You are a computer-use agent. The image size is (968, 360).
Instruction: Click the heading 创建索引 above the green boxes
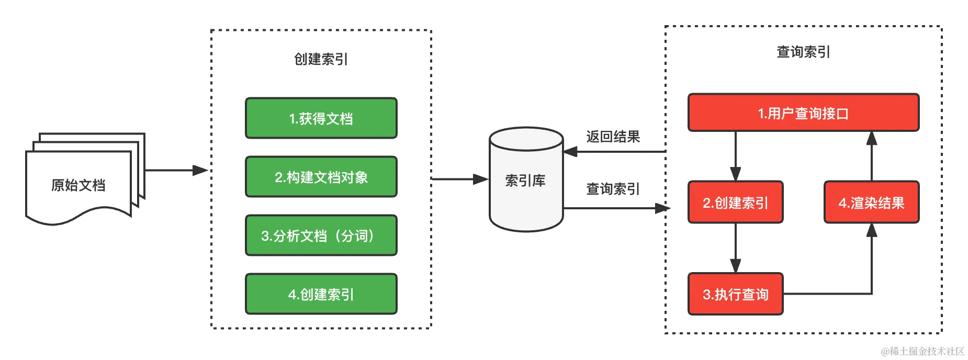pos(321,59)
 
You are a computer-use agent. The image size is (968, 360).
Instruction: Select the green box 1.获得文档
pos(321,118)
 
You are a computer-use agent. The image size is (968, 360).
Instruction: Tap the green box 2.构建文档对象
pos(321,177)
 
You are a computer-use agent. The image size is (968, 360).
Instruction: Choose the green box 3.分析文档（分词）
pos(321,235)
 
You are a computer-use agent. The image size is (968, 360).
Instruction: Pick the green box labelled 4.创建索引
pos(321,294)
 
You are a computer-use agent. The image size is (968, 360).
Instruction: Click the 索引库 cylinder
pos(526,181)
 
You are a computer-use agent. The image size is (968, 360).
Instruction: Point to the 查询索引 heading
pos(803,52)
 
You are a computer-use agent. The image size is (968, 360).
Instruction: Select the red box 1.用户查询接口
pos(803,113)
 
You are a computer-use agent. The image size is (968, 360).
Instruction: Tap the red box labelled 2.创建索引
pos(735,203)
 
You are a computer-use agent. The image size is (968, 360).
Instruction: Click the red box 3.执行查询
pos(735,294)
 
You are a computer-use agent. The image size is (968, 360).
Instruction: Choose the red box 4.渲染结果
pos(871,203)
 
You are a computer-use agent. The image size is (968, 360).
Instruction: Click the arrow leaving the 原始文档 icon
pos(175,170)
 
